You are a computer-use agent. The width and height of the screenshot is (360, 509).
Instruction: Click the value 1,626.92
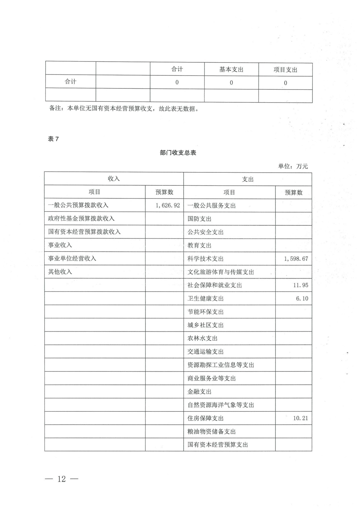coord(168,205)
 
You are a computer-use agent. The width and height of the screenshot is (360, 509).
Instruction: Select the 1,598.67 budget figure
coord(296,259)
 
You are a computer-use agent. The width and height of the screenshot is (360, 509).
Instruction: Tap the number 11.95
coord(300,285)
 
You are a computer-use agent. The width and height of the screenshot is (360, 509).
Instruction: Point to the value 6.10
coord(302,299)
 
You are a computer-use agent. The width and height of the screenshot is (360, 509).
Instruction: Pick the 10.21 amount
coord(300,418)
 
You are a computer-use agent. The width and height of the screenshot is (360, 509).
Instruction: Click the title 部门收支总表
coord(178,153)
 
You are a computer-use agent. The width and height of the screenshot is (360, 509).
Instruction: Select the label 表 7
coord(53,139)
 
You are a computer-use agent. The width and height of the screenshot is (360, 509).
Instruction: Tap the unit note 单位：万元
coord(293,166)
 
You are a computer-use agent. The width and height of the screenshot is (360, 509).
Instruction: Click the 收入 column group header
coord(114,179)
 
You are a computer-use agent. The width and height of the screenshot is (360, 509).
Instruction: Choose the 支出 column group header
coord(248,179)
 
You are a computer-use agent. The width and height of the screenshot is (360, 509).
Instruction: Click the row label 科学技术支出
coord(205,259)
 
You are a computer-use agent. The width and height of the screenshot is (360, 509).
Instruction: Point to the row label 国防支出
coord(199,219)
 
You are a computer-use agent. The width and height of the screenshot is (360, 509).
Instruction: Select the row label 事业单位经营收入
coord(72,259)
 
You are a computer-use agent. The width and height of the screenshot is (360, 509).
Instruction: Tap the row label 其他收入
coord(60,272)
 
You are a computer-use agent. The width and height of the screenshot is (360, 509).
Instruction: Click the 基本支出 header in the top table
coord(231,69)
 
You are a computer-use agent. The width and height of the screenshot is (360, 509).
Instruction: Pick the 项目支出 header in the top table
coord(285,70)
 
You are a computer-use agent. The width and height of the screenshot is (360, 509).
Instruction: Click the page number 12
coord(62,479)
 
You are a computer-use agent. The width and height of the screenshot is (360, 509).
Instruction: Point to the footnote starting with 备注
coord(124,109)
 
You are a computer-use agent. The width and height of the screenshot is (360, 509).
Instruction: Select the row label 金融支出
coord(199,392)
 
